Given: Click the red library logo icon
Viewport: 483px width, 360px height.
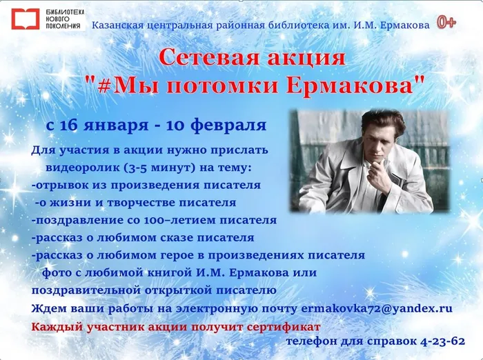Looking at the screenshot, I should pyautogui.click(x=20, y=19).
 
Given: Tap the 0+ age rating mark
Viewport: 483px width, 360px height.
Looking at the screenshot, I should pyautogui.click(x=446, y=23).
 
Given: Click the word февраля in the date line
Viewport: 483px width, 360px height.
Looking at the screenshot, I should pyautogui.click(x=231, y=126).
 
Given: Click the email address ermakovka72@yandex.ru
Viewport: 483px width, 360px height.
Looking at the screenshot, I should pyautogui.click(x=376, y=308).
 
